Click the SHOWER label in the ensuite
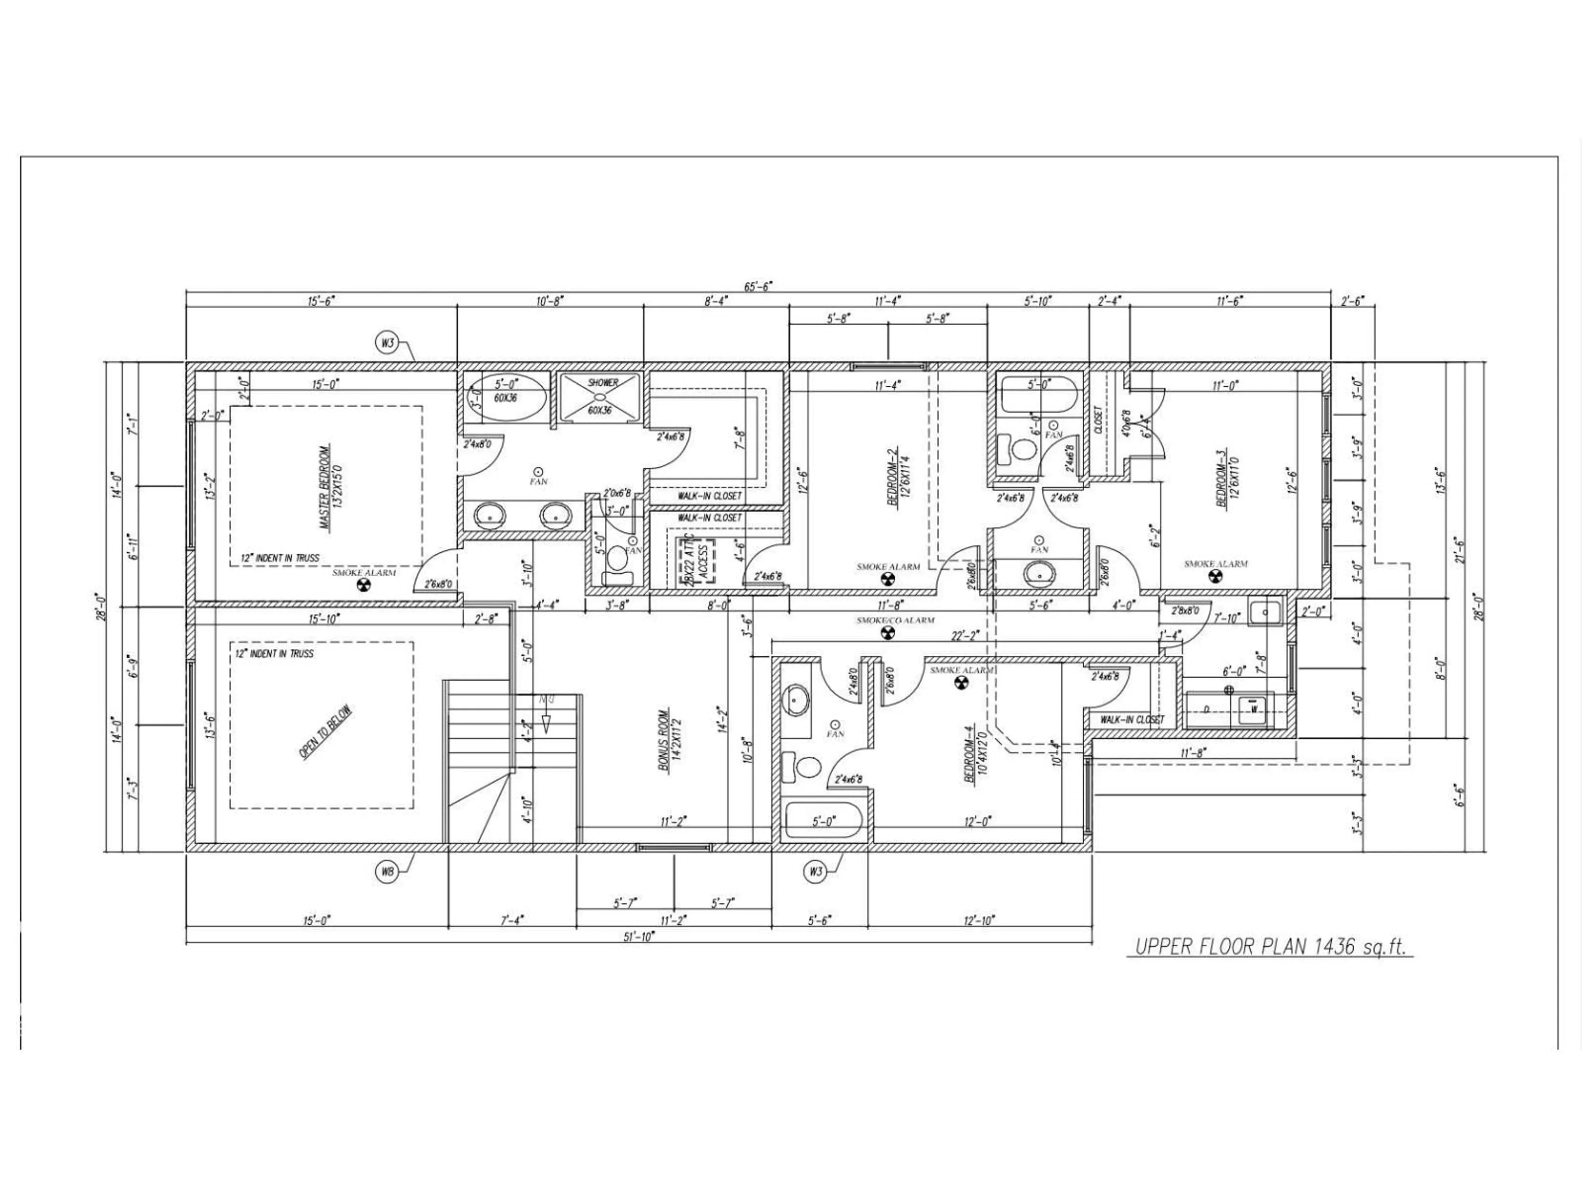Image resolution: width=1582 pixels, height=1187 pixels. (x=602, y=383)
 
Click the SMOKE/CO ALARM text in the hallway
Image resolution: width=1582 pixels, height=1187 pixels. (x=895, y=620)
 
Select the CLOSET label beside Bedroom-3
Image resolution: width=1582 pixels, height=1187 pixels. (x=1098, y=421)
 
